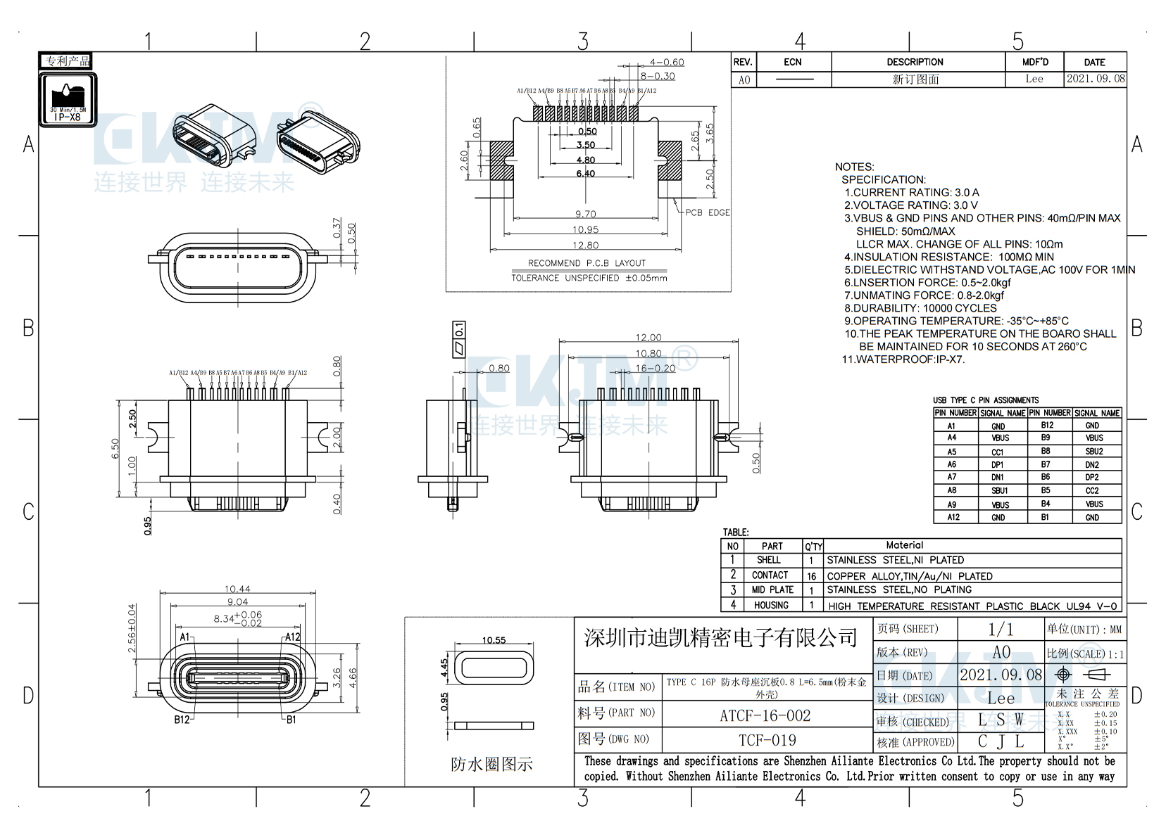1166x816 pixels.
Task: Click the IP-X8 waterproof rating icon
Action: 68,100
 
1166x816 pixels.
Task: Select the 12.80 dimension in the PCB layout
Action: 585,245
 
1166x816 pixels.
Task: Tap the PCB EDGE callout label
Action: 708,212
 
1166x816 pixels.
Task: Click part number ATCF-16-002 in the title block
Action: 765,715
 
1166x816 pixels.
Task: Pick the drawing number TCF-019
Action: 767,740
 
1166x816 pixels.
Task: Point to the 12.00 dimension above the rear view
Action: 648,338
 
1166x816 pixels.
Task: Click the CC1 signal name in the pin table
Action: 998,452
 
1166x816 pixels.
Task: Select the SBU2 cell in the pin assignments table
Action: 1093,452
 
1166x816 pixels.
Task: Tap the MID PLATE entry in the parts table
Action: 772,590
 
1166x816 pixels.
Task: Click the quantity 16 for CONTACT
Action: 811,576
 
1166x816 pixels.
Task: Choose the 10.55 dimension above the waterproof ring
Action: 494,640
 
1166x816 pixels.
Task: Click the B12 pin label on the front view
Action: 182,720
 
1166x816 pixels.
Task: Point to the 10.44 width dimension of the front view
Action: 237,589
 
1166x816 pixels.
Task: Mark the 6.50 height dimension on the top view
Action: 115,449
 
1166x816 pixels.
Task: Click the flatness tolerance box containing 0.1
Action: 458,340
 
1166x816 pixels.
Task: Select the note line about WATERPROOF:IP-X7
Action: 903,359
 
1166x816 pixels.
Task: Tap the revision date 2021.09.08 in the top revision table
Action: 1095,79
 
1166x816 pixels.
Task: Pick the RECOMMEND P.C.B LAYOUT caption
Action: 587,263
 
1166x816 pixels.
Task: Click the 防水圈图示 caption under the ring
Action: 491,764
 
